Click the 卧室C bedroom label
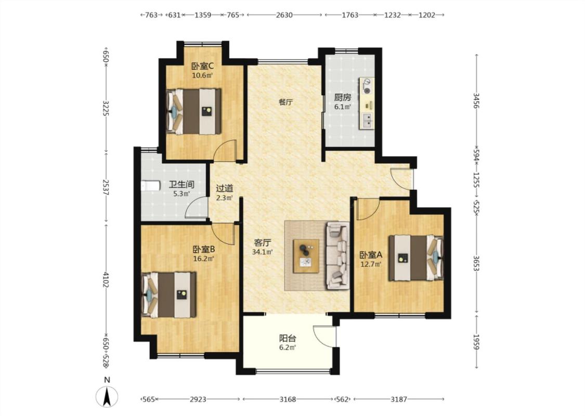coord(203,67)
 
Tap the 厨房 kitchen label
coord(343,98)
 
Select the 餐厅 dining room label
coord(286,102)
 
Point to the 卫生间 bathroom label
coord(181,184)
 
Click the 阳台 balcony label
coord(288,339)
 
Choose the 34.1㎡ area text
coord(262,252)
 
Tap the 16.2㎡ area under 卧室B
coord(203,258)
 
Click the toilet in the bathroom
coord(150,186)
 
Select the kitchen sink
coord(368,120)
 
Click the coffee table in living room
coord(306,256)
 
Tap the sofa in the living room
coord(337,255)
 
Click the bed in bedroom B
coord(169,295)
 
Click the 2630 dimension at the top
coord(284,15)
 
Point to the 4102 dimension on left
coord(106,280)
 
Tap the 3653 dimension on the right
coord(476,263)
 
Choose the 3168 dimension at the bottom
coord(288,399)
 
